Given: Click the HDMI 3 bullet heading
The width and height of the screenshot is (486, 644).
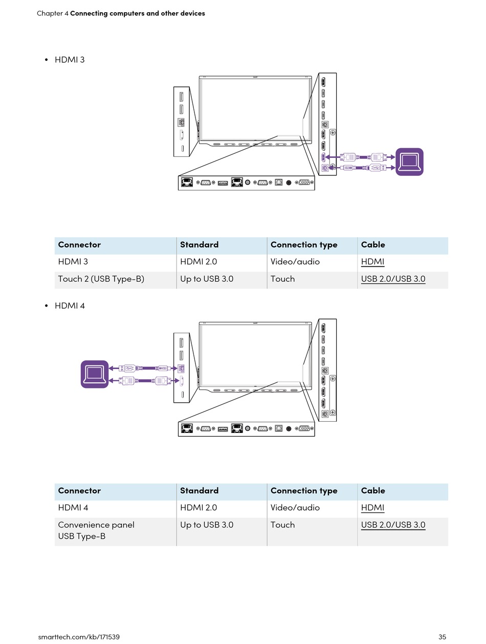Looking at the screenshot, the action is (69, 60).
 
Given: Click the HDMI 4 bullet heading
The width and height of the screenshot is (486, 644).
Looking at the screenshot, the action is (70, 306).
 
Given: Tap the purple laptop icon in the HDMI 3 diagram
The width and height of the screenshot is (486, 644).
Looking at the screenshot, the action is (409, 162).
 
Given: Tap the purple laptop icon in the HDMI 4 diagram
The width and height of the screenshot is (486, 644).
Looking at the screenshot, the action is (95, 374).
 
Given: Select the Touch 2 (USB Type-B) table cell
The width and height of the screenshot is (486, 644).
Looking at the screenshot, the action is (101, 279).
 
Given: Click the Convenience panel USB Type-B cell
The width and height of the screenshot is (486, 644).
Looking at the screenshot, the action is (96, 530).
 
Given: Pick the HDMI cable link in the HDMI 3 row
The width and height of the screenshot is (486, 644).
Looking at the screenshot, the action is (372, 262).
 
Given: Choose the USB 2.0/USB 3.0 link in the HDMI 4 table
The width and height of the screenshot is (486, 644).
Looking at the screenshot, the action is (393, 524).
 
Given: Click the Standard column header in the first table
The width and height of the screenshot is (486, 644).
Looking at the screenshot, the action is (199, 244).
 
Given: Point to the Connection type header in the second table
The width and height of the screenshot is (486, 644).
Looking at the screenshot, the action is (304, 491).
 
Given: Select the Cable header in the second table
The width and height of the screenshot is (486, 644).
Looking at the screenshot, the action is (372, 490).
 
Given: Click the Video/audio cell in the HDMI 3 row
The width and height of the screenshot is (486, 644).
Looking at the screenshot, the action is (295, 261).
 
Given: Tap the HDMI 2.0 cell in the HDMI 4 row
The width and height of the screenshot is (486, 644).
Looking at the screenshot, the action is (198, 508).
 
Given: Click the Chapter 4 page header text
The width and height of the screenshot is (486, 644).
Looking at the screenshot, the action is (121, 13).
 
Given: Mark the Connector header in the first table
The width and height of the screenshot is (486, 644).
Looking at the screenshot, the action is (79, 244).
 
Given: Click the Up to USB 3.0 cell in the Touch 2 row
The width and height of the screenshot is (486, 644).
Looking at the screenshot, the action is (207, 279).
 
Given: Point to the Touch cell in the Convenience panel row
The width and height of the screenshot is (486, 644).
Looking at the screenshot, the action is (282, 524).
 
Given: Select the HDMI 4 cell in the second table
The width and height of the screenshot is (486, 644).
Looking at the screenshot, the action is (73, 508).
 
